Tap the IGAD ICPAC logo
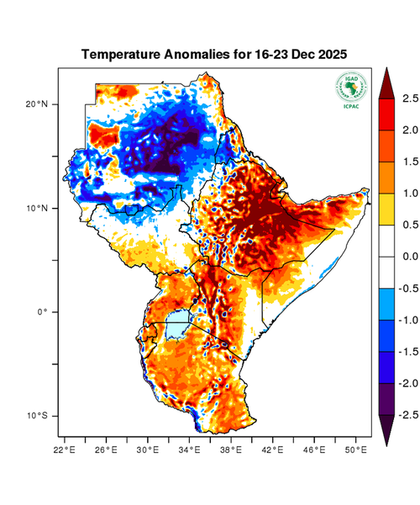click(x=350, y=90)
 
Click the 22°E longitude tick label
click(x=65, y=450)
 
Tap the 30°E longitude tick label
click(x=148, y=450)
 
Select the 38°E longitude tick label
click(x=231, y=450)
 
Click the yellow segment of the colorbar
click(x=387, y=209)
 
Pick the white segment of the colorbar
click(x=387, y=256)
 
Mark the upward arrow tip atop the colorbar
click(x=387, y=71)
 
